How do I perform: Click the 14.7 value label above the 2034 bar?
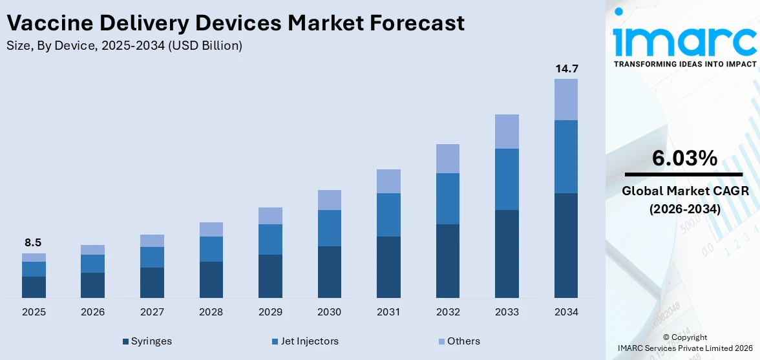[x=565, y=69]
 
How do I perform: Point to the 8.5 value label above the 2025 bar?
[x=34, y=243]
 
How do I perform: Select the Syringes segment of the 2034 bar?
[x=565, y=246]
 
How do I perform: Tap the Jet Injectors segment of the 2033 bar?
[x=507, y=179]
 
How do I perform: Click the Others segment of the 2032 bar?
[x=448, y=158]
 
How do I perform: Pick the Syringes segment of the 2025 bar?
[x=34, y=287]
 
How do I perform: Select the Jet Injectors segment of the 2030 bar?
[x=329, y=228]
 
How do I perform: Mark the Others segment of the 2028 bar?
[x=211, y=229]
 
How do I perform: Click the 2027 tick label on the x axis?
[x=152, y=312]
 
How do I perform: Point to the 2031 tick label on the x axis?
[x=388, y=312]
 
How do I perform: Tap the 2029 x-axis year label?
[x=270, y=312]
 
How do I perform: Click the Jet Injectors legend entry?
[x=308, y=341]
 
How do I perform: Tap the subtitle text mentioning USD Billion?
[x=124, y=46]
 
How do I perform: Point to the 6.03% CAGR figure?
[x=684, y=158]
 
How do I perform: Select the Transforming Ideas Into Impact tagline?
[x=684, y=64]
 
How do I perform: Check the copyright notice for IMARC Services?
[x=684, y=343]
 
